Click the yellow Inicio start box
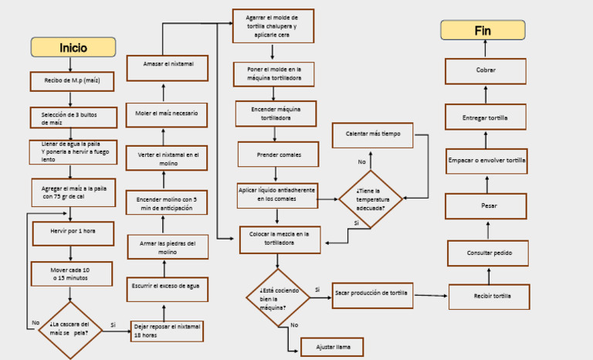point(73,47)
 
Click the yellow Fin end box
point(483,30)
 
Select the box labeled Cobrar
point(486,71)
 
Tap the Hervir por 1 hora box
point(73,233)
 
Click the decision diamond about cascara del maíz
point(69,329)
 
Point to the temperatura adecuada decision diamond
point(371,199)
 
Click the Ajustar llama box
point(332,348)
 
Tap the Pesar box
point(488,206)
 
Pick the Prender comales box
point(278,155)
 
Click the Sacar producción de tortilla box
point(372,293)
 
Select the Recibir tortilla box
point(490,296)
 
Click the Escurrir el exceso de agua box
point(167,286)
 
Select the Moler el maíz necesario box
point(167,114)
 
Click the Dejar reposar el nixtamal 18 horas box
point(167,331)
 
